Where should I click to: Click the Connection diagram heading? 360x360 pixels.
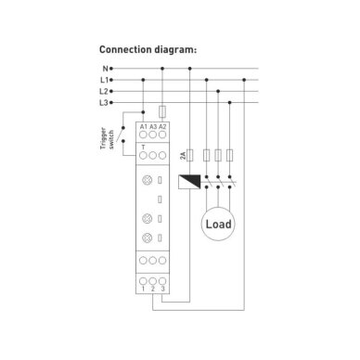pos(148,49)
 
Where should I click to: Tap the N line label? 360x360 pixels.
pos(106,69)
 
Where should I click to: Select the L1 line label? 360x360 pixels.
pos(104,80)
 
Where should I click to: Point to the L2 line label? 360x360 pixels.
pos(104,92)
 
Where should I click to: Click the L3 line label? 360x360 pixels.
pos(104,103)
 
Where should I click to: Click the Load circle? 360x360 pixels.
pos(218,224)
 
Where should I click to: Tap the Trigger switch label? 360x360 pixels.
pos(107,138)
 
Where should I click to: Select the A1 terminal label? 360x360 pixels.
pos(144,127)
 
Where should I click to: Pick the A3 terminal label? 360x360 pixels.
pos(153,127)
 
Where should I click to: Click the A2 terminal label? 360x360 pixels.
pos(162,127)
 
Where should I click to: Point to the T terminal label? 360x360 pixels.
pos(143,148)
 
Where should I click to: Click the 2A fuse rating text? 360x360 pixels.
pos(183,156)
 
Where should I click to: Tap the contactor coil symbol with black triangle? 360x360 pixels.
pos(189,182)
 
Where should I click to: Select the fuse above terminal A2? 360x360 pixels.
pos(162,112)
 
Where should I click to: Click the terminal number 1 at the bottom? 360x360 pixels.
pos(143,289)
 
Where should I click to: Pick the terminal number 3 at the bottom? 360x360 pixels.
pos(162,289)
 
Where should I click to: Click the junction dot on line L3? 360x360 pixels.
pos(229,103)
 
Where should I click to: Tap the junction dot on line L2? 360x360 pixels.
pos(218,91)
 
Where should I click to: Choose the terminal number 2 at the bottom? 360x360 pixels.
pos(153,289)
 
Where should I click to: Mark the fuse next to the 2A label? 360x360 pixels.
pos(190,155)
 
